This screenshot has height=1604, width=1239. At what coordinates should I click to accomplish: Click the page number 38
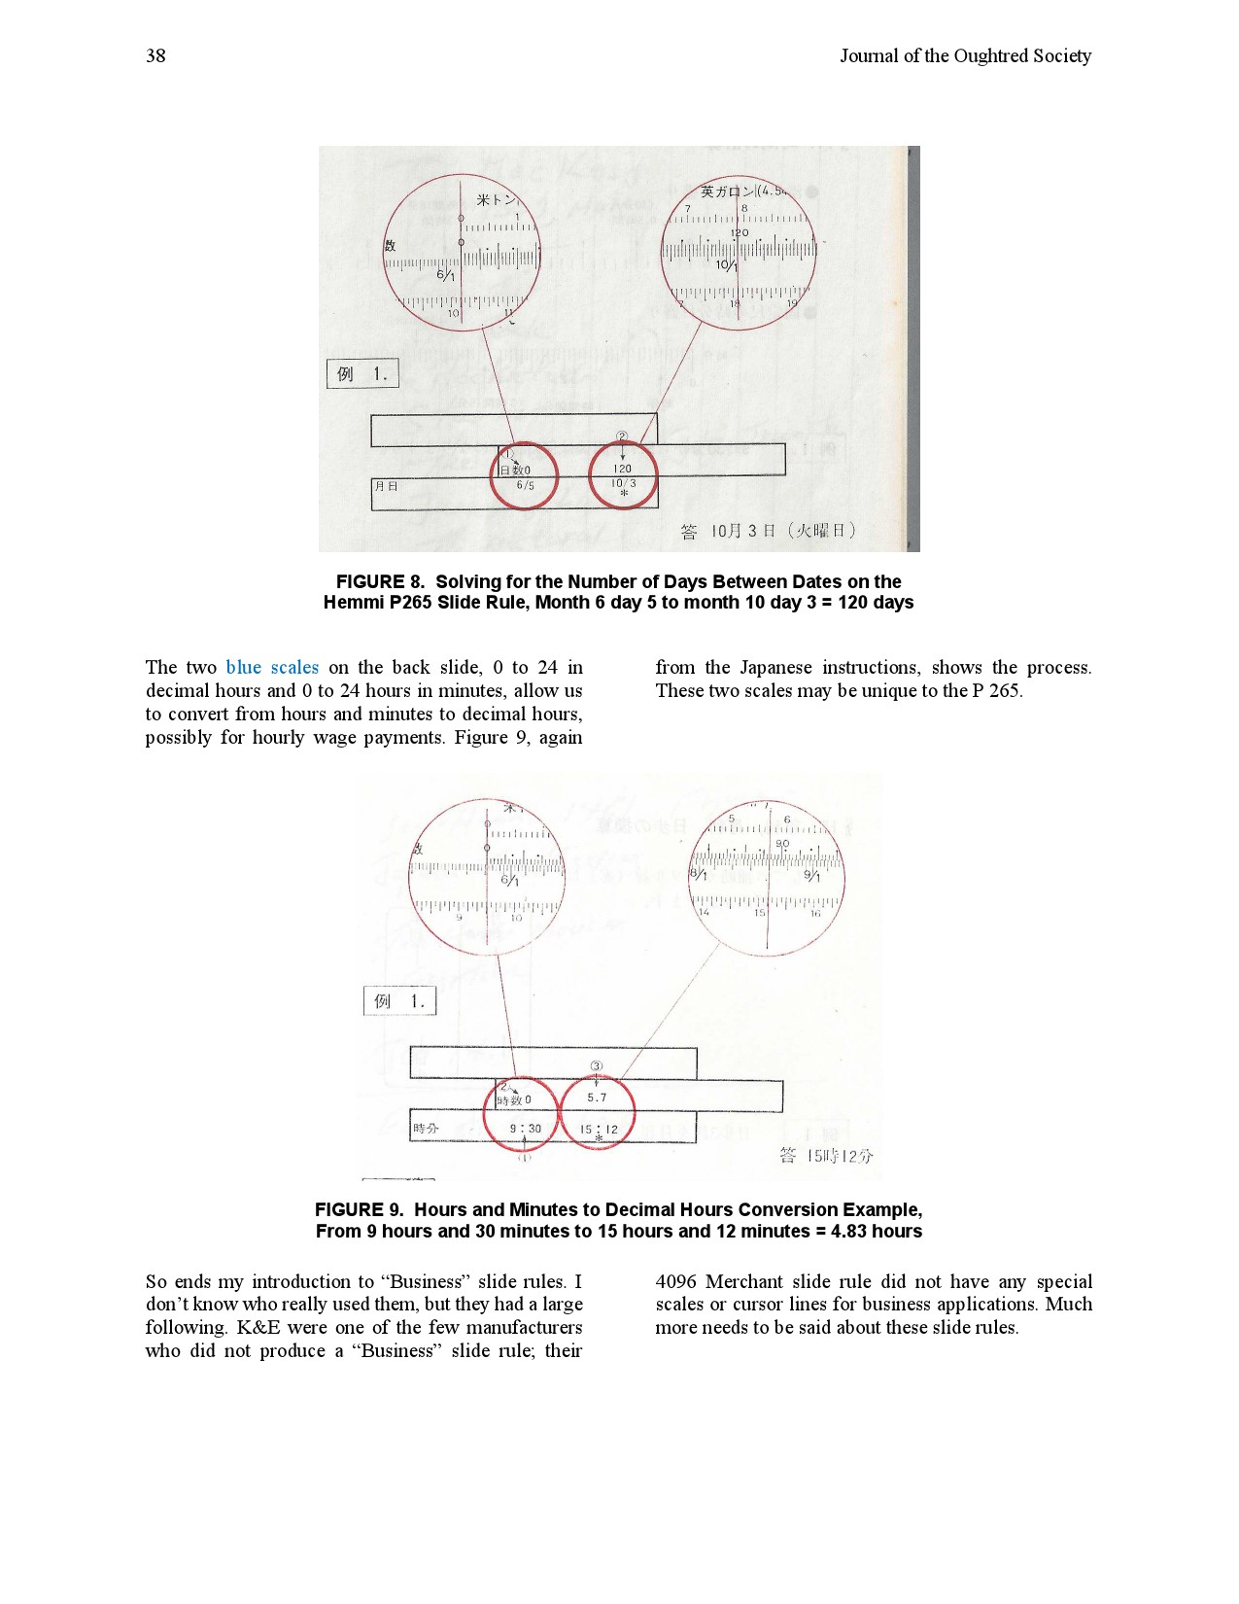coord(155,56)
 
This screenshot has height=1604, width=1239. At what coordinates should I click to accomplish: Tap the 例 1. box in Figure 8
coord(362,373)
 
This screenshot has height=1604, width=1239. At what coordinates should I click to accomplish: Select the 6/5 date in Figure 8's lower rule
coord(525,485)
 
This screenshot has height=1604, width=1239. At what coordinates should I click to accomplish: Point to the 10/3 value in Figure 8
coord(623,483)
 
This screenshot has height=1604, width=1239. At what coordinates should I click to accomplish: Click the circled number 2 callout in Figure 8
coord(622,438)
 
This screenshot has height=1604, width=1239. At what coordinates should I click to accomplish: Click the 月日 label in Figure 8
coord(386,486)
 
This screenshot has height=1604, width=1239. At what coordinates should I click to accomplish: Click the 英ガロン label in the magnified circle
coord(726,192)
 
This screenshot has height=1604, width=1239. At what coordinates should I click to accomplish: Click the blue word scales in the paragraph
coord(294,668)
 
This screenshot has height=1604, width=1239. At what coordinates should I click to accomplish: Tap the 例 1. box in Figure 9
coord(399,1001)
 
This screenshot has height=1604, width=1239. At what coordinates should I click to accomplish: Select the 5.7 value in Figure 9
coord(597,1098)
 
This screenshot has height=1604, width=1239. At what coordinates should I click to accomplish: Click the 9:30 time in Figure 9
coord(526,1129)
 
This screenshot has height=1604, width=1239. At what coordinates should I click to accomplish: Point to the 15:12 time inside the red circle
coord(599,1129)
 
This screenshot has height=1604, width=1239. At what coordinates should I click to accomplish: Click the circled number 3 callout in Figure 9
coord(597,1066)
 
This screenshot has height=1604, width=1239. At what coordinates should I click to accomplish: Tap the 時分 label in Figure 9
coord(426,1129)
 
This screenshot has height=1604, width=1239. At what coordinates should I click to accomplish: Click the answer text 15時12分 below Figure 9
coord(826,1156)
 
